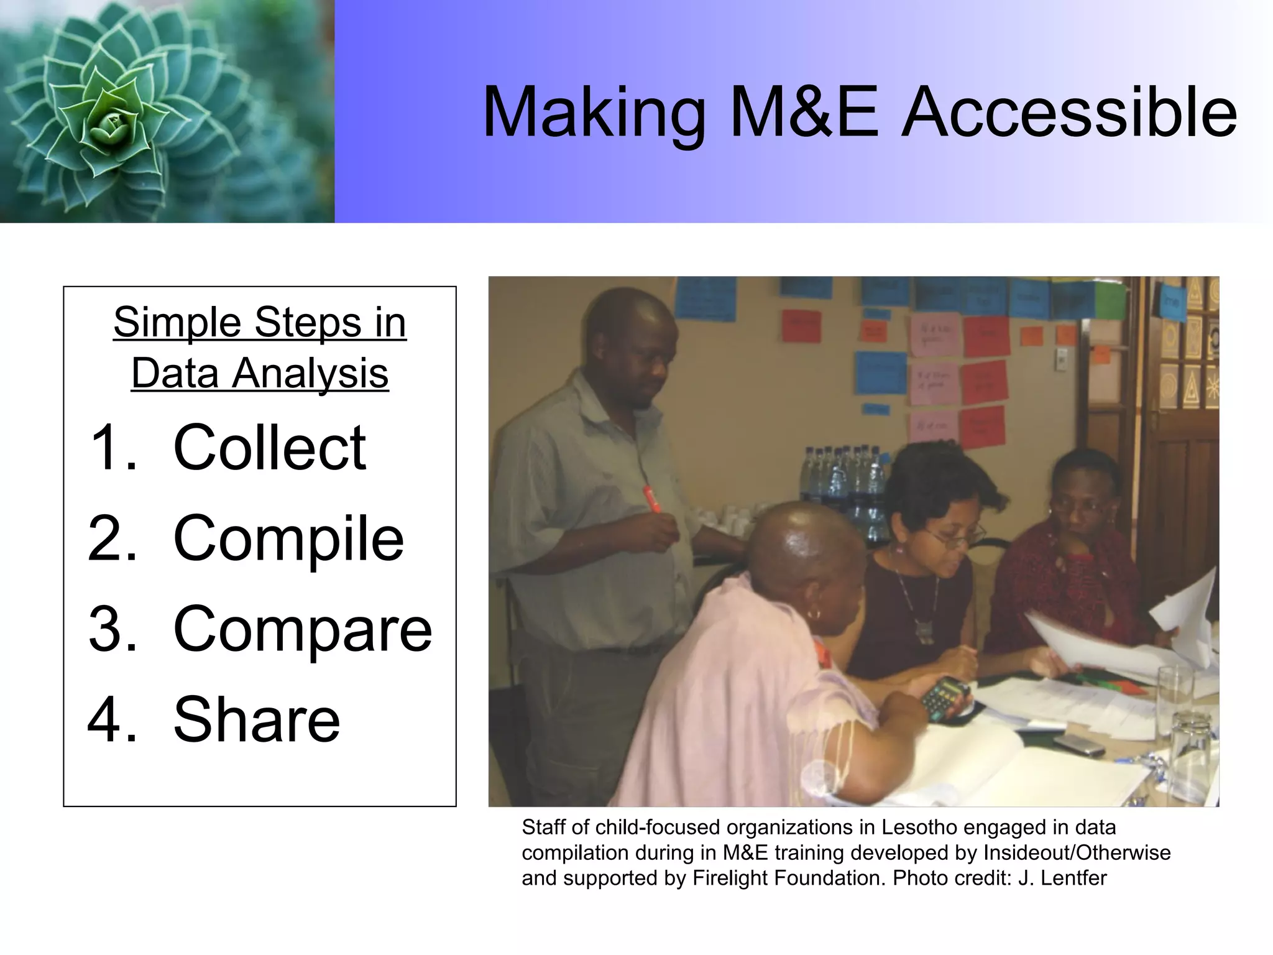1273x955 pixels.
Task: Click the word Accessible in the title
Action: coord(1069,113)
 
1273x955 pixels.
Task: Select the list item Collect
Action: coord(269,447)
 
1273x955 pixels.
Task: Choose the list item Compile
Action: coord(288,538)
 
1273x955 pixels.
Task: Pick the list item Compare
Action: coord(302,629)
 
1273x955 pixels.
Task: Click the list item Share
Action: coord(256,720)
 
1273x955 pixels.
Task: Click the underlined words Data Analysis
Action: coord(260,373)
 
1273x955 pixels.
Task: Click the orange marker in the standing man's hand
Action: coord(651,499)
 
